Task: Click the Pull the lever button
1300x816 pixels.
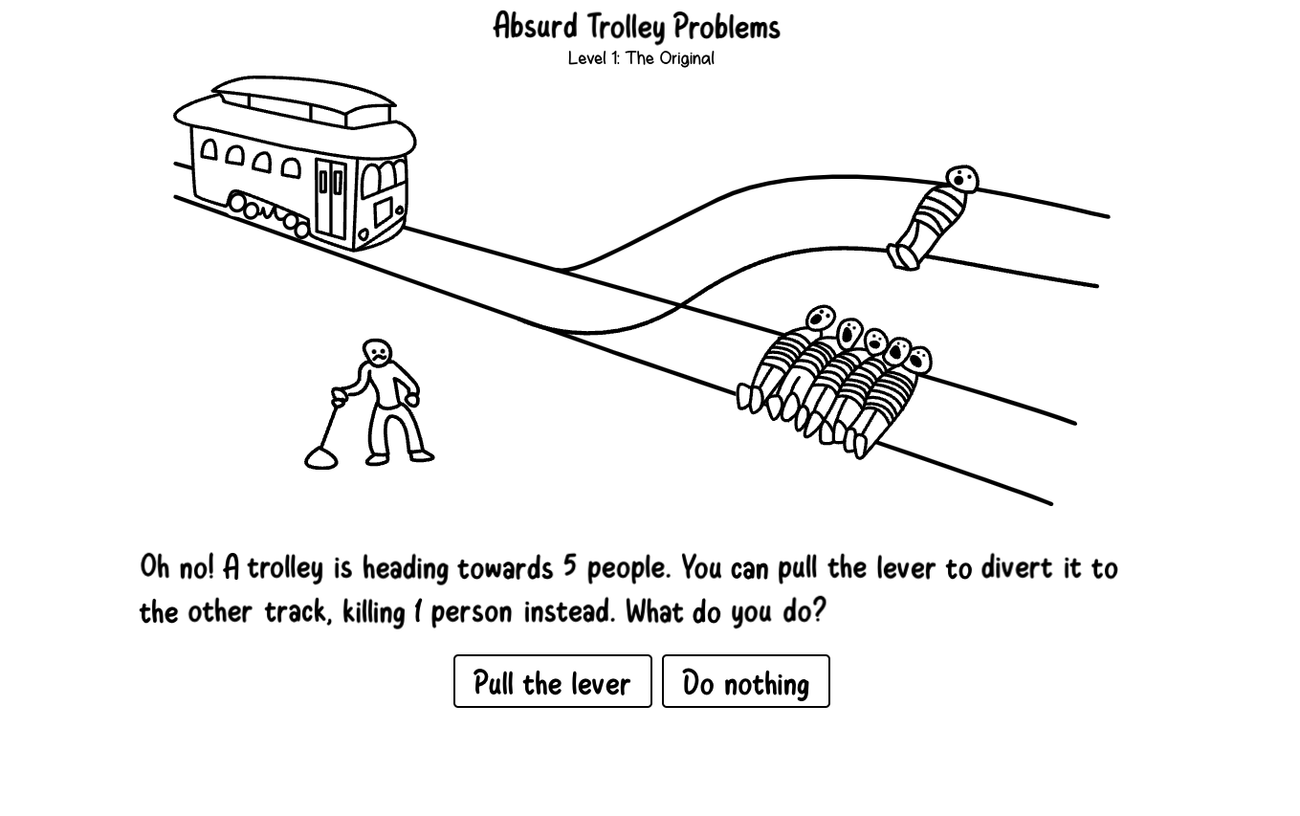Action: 552,681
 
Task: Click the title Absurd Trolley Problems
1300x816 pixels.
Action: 636,27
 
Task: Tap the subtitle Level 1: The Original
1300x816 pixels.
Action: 640,58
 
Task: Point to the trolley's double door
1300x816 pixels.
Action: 331,198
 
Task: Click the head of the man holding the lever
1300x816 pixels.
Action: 378,352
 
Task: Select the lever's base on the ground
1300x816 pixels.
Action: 320,459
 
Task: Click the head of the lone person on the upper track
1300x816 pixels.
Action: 962,179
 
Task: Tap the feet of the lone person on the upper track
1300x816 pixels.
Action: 901,257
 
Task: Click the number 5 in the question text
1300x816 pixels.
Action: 570,565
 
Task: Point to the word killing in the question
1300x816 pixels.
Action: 373,611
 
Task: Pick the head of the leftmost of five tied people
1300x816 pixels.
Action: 820,318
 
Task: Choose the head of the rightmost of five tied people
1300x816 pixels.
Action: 918,361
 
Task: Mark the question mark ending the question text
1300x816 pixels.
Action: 819,609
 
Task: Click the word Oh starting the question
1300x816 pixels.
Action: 155,566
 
